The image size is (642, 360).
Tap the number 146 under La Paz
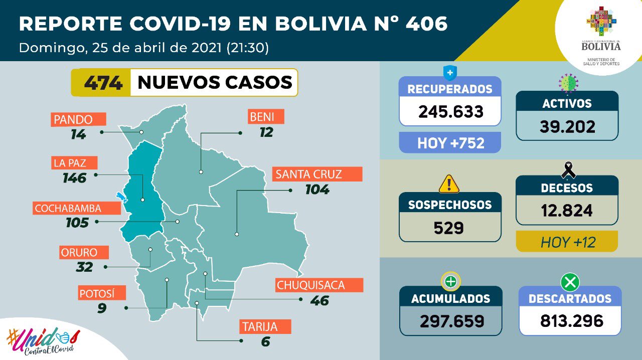click(x=75, y=177)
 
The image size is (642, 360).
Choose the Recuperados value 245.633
click(x=450, y=111)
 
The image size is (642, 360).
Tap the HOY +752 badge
click(x=450, y=143)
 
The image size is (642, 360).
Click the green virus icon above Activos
click(x=568, y=81)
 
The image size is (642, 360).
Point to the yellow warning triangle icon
click(x=449, y=184)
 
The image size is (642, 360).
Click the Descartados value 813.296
click(x=570, y=320)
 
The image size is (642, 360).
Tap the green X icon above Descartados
click(x=570, y=283)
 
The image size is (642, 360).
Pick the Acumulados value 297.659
click(x=450, y=320)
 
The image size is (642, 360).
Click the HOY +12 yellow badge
click(x=567, y=242)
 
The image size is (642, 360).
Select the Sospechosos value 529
click(x=449, y=228)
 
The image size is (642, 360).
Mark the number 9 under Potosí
click(x=102, y=308)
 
